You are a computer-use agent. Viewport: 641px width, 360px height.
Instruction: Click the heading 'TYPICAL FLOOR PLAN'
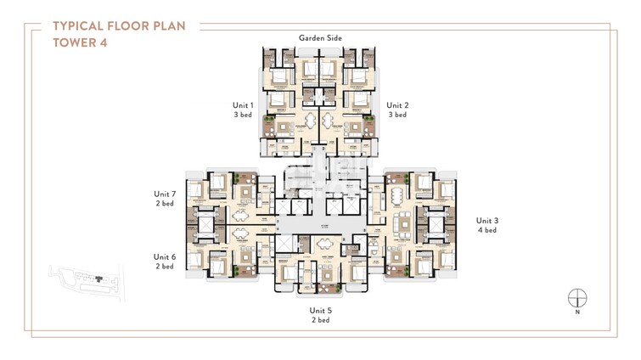[x=125, y=25]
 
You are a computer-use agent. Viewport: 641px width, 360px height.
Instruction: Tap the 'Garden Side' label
[x=319, y=38]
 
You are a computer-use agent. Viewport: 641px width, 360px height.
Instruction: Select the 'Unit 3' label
[x=486, y=220]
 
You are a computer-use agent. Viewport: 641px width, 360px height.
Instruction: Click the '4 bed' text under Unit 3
[x=486, y=230]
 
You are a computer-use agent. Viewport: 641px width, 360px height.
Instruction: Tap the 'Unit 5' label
[x=320, y=312]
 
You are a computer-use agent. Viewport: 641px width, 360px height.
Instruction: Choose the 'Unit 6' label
[x=165, y=256]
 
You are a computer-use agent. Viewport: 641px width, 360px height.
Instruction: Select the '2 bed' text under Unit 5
[x=320, y=322]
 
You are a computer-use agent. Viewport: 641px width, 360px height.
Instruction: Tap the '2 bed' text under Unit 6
[x=165, y=267]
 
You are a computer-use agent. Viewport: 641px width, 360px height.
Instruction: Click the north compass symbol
[x=577, y=298]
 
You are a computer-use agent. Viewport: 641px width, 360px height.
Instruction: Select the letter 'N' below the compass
[x=577, y=313]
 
